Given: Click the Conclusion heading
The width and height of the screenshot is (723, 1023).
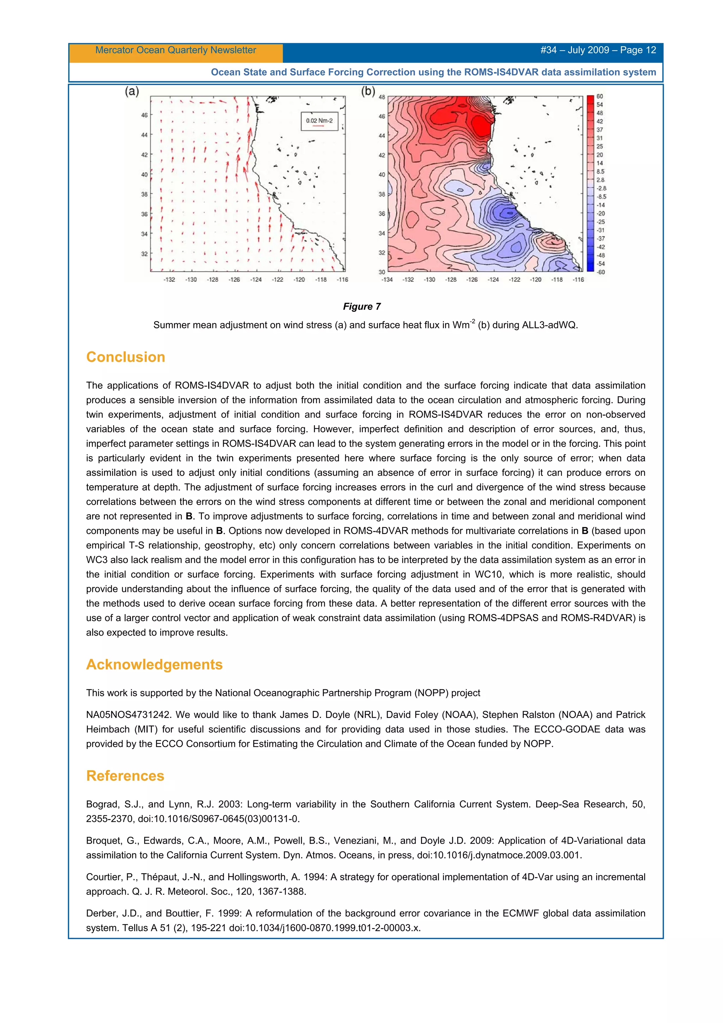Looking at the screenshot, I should point(125,357).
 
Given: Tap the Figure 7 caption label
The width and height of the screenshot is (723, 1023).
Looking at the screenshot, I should point(361,307).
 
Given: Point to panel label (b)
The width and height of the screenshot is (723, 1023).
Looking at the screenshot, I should point(368,91).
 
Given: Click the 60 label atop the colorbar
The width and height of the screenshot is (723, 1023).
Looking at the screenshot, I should point(599,97).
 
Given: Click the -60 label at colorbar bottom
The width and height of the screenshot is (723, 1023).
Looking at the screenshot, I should point(600,272).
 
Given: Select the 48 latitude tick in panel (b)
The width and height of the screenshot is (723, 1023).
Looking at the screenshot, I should point(382,97).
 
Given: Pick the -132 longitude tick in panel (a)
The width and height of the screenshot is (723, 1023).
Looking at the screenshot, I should point(169,280).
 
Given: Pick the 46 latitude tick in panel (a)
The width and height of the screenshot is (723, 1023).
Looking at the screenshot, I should point(144,115).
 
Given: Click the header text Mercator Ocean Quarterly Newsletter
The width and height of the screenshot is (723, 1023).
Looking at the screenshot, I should point(175,50).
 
